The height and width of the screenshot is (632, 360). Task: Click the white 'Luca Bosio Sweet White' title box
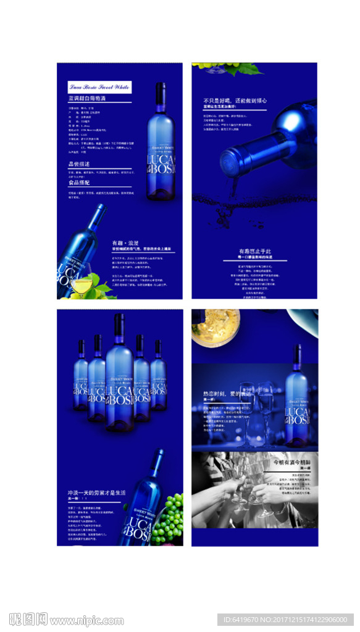pyautogui.click(x=99, y=87)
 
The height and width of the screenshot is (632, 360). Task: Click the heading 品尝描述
pyautogui.click(x=79, y=164)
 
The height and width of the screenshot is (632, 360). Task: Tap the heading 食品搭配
pyautogui.click(x=79, y=183)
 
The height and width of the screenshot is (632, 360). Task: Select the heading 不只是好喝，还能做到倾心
pyautogui.click(x=234, y=101)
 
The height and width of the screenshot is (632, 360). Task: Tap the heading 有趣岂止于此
pyautogui.click(x=254, y=252)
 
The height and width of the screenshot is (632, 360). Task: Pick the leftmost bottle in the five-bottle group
pyautogui.click(x=81, y=376)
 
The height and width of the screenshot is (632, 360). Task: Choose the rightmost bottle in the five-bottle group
pyautogui.click(x=159, y=376)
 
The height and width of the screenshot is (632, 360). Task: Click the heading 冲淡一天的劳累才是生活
pyautogui.click(x=96, y=493)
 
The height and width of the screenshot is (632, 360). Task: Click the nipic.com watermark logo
pyautogui.click(x=66, y=620)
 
